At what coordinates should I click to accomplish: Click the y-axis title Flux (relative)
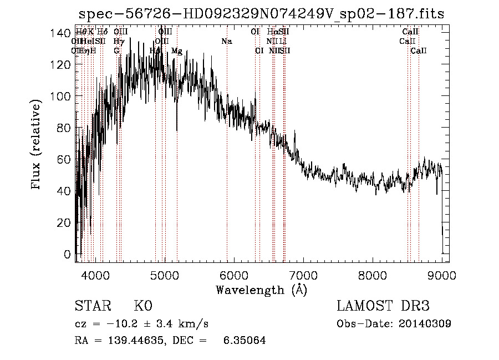tap(37, 145)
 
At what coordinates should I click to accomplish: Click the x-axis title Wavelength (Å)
tap(261, 290)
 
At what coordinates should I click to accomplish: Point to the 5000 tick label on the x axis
tap(164, 275)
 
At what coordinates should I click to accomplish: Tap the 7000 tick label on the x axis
tap(303, 275)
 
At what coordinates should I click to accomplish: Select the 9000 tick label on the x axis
tap(442, 275)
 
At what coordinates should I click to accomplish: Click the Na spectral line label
tap(226, 41)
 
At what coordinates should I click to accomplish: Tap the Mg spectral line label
tap(177, 51)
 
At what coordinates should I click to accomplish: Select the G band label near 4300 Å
tap(116, 51)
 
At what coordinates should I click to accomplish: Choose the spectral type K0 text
tap(142, 306)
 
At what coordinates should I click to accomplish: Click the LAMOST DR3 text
tap(383, 306)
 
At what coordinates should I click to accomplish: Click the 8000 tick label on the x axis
tap(373, 275)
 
